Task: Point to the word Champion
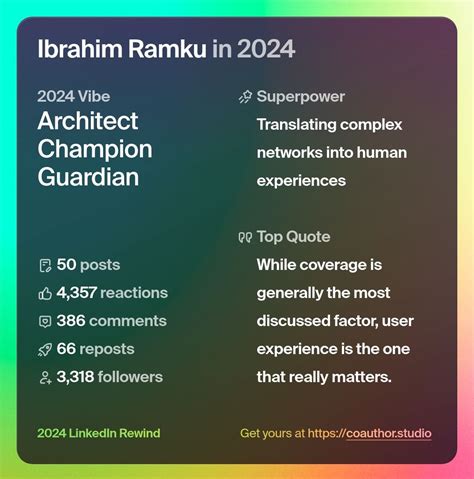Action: (94, 150)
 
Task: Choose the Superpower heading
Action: (301, 97)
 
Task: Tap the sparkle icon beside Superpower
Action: (245, 97)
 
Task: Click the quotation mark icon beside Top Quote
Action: (245, 238)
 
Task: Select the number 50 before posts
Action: (67, 265)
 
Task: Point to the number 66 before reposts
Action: (67, 349)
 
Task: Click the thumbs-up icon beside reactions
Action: (44, 293)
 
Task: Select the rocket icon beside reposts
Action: (44, 349)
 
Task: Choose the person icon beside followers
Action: (44, 377)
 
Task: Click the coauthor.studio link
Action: (387, 434)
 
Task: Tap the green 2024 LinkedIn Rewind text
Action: (98, 434)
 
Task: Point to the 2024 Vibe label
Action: (73, 97)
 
